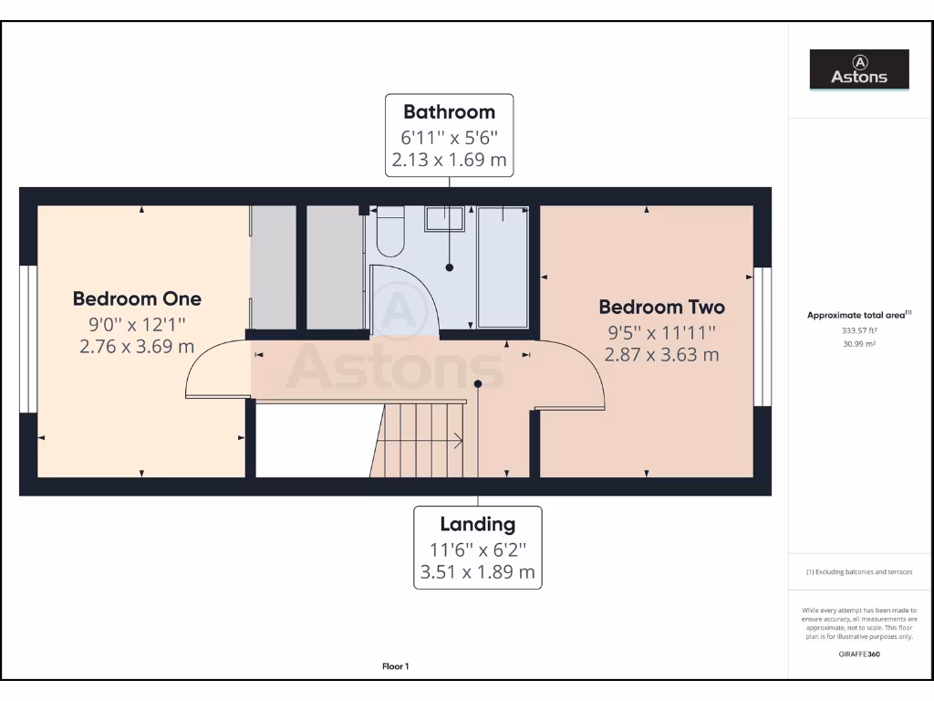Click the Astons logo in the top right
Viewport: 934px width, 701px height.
859,69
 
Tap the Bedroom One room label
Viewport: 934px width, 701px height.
137,298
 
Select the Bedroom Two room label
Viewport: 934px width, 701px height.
661,307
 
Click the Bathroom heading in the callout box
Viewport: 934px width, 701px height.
449,112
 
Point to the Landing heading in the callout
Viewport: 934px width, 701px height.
477,524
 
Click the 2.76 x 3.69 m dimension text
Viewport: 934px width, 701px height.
137,346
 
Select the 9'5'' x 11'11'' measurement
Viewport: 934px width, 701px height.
661,332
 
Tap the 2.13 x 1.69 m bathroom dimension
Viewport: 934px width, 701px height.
449,161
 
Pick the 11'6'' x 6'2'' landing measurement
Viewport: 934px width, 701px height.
477,549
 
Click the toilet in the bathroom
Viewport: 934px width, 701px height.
389,232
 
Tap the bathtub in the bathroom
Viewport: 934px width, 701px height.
503,266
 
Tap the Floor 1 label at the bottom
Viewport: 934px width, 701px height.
395,666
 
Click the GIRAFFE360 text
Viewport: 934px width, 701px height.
859,654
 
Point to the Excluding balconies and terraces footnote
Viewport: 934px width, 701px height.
859,572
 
